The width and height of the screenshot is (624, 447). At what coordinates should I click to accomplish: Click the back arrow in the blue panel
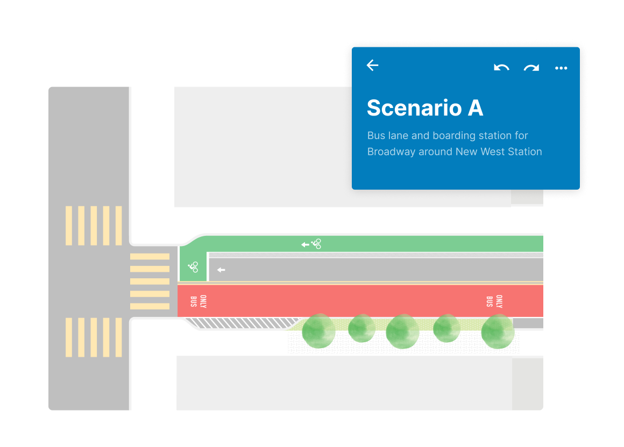[372, 66]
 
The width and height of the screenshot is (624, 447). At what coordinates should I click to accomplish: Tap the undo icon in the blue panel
[501, 68]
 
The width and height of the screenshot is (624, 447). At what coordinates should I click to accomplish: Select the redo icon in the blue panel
[531, 68]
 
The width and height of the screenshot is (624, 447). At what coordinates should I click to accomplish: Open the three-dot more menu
[561, 68]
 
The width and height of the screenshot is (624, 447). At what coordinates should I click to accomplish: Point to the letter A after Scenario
[476, 108]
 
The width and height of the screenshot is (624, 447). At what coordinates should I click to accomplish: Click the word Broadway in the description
[391, 152]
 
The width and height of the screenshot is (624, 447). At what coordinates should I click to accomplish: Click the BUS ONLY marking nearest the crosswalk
[198, 301]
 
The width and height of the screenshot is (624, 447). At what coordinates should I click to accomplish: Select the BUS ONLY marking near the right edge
[494, 301]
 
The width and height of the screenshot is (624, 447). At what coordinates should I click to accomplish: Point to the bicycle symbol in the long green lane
[316, 244]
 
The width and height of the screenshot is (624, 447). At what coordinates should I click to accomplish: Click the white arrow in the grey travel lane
[221, 270]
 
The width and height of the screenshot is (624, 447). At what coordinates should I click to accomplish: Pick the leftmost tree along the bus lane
[319, 331]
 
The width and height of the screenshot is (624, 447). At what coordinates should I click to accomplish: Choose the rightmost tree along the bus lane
[498, 331]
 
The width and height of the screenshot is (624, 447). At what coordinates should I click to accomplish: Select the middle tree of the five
[402, 331]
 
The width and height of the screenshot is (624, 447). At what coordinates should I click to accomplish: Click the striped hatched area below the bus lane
[242, 323]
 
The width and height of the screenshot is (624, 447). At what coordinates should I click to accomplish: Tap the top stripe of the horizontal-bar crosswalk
[150, 257]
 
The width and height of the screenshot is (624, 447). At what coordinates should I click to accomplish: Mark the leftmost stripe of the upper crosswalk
[69, 226]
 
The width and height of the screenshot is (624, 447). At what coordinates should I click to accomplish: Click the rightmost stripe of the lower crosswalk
[118, 337]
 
